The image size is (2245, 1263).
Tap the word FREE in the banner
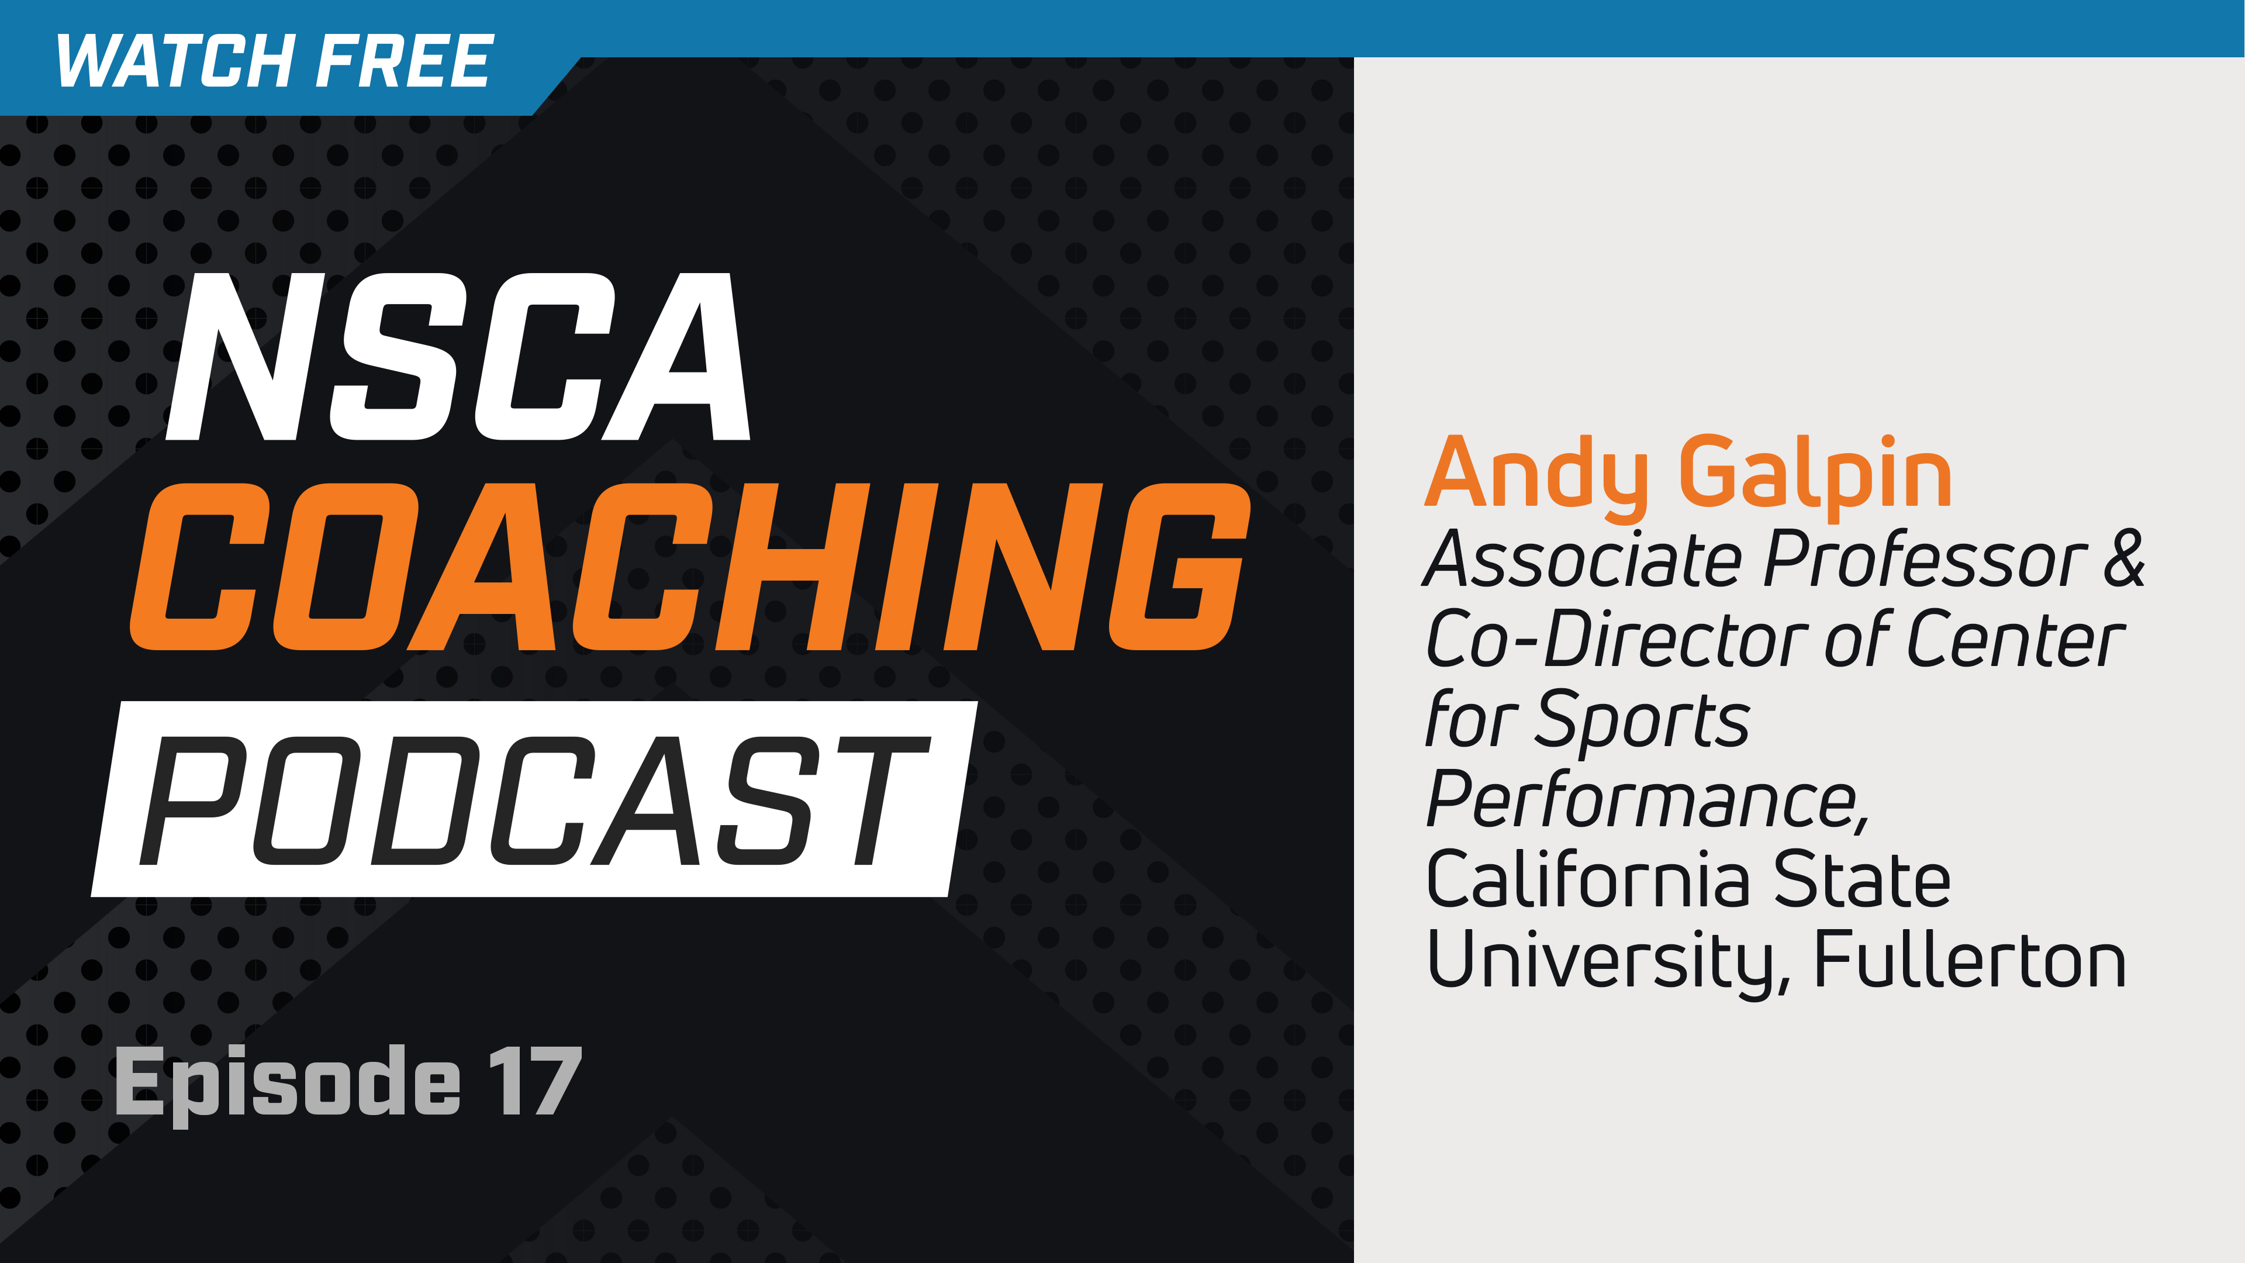[x=405, y=62]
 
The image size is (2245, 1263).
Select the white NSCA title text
[x=458, y=357]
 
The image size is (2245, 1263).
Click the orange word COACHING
[x=689, y=567]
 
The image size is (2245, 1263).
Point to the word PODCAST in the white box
[x=533, y=800]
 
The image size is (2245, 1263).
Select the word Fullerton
[x=1970, y=959]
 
